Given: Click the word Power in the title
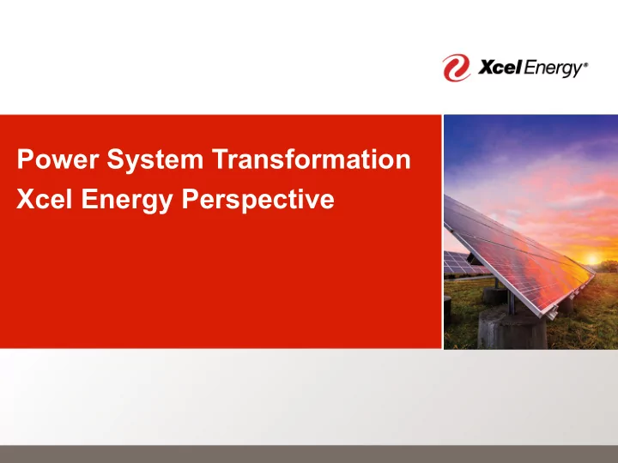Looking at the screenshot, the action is [x=58, y=159].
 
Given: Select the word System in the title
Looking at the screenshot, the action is [x=154, y=159].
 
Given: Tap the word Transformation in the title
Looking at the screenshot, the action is [x=312, y=159].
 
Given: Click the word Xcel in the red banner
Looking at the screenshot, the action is [x=44, y=199].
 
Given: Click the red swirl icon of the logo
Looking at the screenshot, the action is [x=456, y=68].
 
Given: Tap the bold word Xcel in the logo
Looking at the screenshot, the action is [x=500, y=68].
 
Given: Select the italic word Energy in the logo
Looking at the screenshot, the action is [x=553, y=69].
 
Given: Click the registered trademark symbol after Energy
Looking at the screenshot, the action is [x=585, y=64].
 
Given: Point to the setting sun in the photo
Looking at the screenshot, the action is [x=591, y=259].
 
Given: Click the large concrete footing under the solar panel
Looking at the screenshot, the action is [x=512, y=328].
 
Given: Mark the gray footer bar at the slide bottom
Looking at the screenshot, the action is [x=309, y=454].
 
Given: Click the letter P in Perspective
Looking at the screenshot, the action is [x=190, y=199].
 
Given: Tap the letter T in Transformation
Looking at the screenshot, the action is [x=221, y=159].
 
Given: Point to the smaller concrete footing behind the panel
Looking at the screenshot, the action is [x=494, y=295].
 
